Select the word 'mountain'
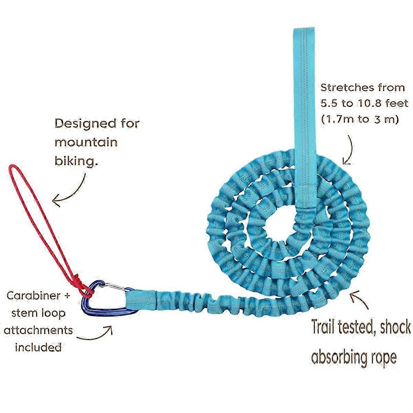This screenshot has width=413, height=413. (86, 142)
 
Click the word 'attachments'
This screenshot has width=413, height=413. (38, 330)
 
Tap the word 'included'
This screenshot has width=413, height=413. (38, 347)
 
